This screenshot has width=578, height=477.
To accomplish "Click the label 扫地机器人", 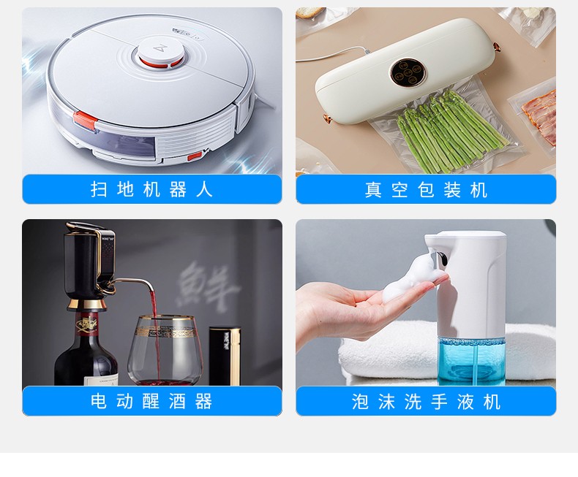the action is pos(151,189).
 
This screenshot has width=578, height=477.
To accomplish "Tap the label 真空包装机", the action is pos(426,190).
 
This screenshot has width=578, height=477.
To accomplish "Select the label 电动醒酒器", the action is pos(151,401).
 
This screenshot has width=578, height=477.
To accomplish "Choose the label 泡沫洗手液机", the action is pos(426,402).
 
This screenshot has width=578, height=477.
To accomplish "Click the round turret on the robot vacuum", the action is pos(160,53).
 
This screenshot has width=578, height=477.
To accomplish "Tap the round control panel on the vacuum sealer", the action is pos(408,72).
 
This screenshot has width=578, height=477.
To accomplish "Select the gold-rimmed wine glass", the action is pos(165,350).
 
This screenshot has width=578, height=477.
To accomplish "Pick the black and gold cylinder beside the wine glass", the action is pos(225,356).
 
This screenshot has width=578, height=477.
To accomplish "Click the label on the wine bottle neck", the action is pos(88,324).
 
